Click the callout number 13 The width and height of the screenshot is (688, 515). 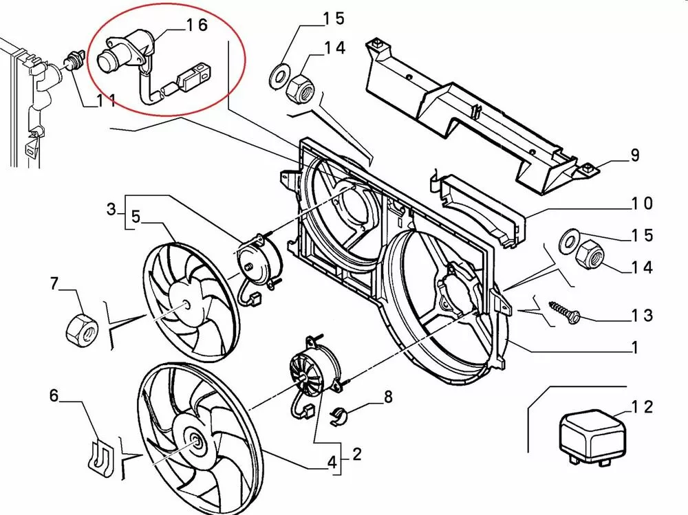coord(641,316)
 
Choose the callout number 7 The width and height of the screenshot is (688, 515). coord(55,283)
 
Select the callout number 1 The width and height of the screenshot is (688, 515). coord(635,348)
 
